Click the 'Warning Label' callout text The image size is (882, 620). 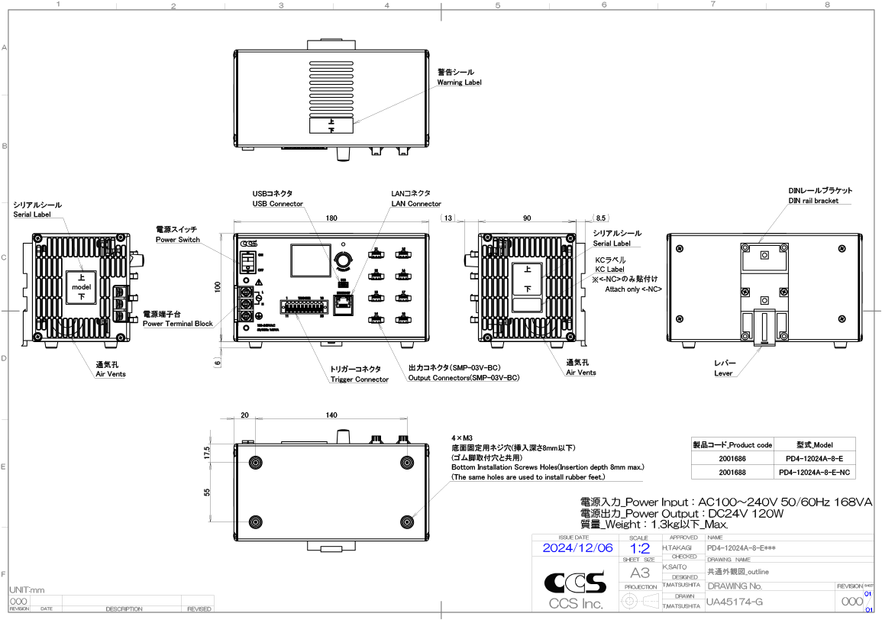(459, 82)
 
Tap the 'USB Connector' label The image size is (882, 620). (278, 204)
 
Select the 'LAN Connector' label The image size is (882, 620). (415, 204)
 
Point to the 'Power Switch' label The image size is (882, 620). (177, 240)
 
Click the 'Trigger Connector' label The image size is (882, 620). (359, 379)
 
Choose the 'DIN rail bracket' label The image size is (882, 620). (813, 201)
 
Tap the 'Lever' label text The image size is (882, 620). (723, 373)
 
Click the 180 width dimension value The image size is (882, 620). (331, 218)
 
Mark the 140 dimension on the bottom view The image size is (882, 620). (331, 415)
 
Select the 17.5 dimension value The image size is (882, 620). (207, 452)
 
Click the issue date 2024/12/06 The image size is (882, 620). (577, 548)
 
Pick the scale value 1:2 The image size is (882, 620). (639, 548)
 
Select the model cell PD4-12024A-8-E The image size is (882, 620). (814, 459)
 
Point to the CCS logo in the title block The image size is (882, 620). (575, 584)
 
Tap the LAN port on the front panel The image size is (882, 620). (344, 305)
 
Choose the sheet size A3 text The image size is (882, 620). (639, 573)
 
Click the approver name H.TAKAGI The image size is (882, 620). (677, 548)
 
